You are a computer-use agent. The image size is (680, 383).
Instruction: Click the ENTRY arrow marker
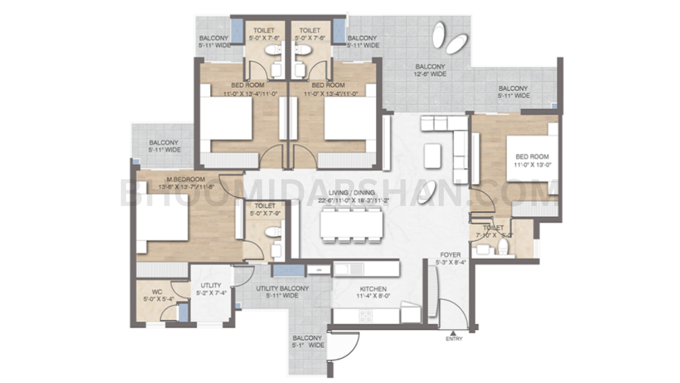(x=453, y=333)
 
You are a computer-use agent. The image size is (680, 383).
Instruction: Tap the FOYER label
(x=450, y=255)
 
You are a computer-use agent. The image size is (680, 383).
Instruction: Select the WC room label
(x=157, y=292)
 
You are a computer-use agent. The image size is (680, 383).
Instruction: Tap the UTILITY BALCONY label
(x=282, y=288)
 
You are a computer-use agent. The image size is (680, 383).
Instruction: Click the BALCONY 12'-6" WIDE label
(x=430, y=66)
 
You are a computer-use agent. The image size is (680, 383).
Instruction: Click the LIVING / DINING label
(x=351, y=193)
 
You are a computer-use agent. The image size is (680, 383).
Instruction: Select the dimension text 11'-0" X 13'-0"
(x=533, y=165)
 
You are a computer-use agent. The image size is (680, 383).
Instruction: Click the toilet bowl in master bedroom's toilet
(x=271, y=232)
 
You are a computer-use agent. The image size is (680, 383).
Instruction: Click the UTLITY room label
(x=211, y=285)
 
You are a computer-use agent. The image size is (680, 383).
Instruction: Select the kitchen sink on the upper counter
(x=346, y=269)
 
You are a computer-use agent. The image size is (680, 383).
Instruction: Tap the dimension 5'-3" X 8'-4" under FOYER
(x=450, y=262)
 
